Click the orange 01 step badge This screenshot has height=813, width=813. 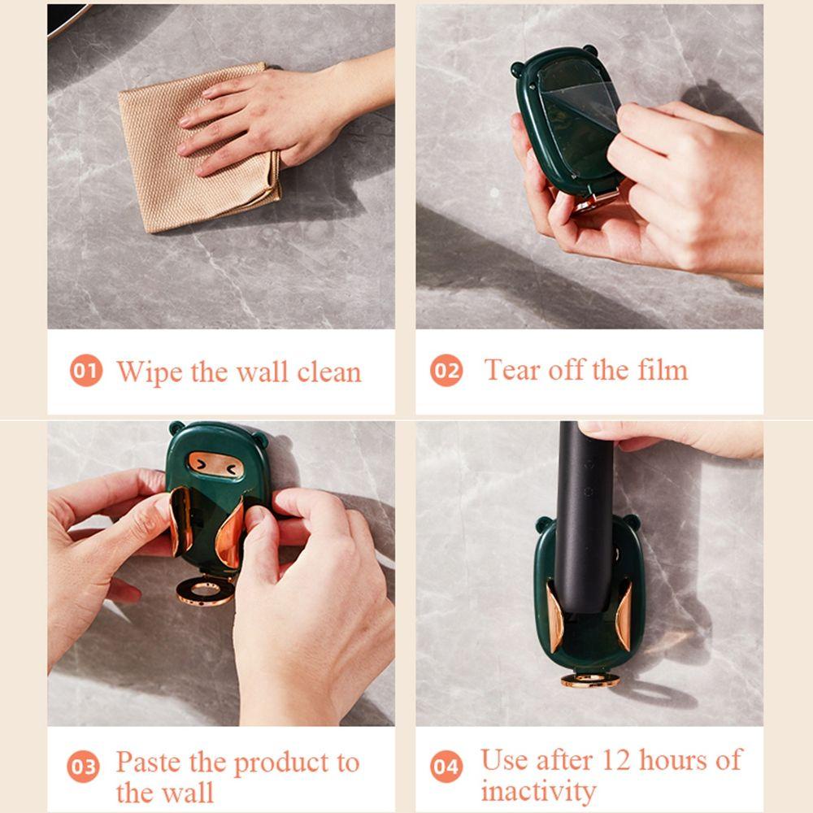point(86,371)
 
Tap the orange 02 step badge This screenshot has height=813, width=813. point(446,371)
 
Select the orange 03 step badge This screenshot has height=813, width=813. point(83,767)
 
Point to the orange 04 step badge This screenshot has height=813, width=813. point(446,767)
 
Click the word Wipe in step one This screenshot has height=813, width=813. point(150,372)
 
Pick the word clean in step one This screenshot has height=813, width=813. point(329,372)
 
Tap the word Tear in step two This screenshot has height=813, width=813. point(512,370)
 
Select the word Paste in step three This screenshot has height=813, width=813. point(149,763)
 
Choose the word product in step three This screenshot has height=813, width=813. point(281,763)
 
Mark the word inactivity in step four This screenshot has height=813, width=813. point(538,791)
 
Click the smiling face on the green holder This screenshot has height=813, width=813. point(215,464)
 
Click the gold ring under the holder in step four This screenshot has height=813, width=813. point(590,680)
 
